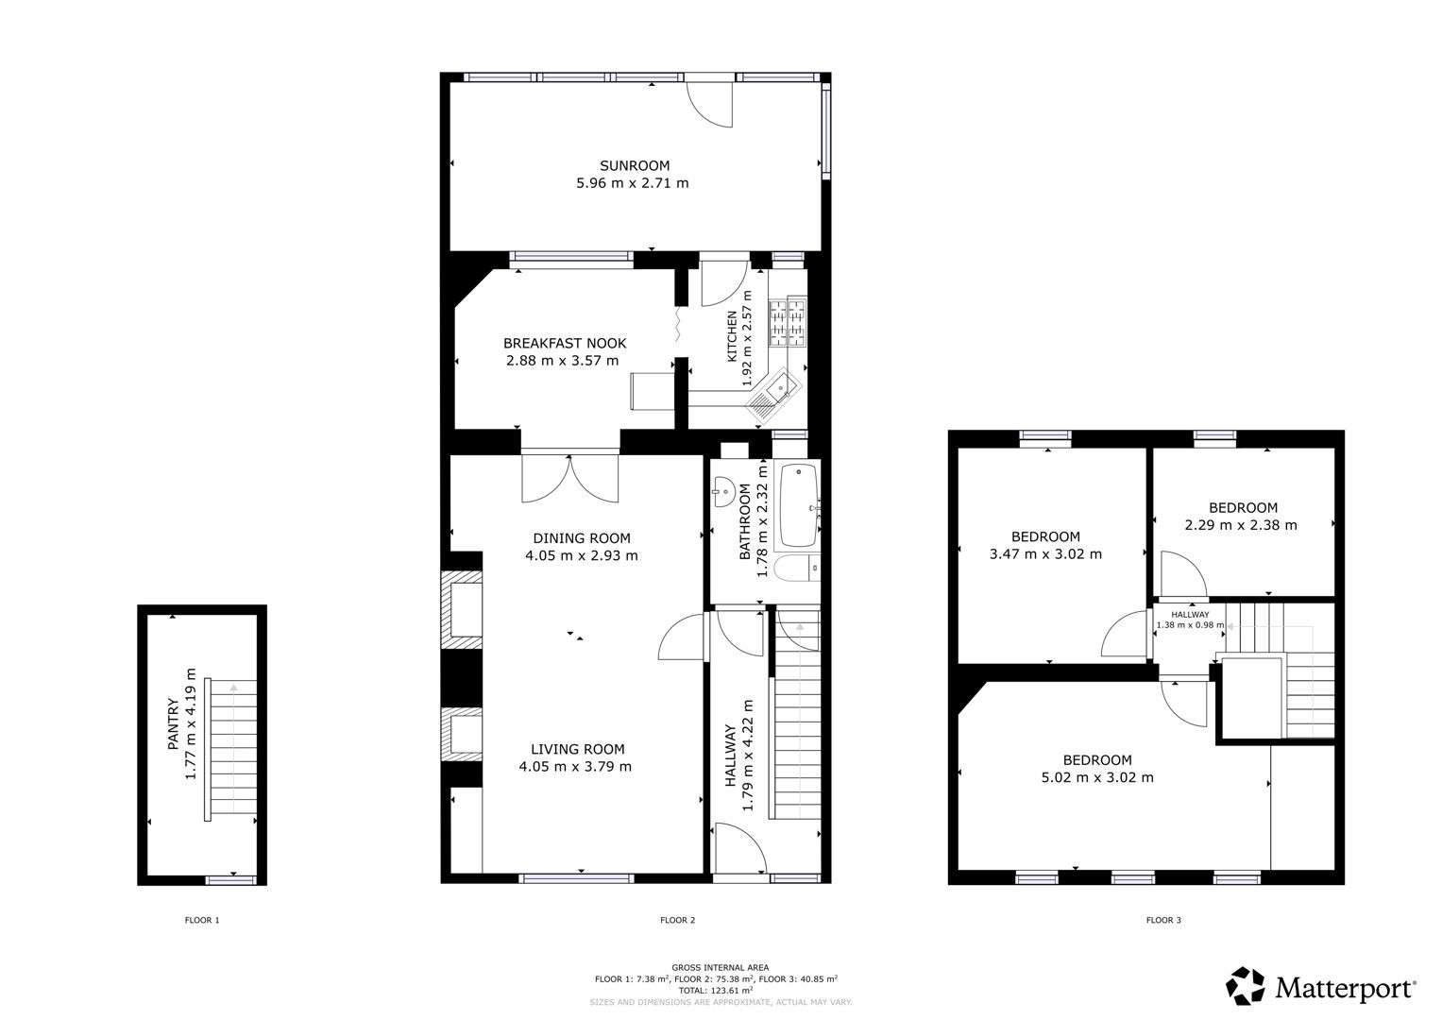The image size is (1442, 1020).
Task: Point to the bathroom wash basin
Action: pos(724,489)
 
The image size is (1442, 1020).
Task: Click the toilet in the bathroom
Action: pos(791,569)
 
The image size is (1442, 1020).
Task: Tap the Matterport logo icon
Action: pos(1246,986)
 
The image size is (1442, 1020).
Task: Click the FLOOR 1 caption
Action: pos(202,920)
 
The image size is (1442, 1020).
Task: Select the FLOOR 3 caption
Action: pos(1163,920)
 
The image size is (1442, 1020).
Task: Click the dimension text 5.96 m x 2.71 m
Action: pos(633,183)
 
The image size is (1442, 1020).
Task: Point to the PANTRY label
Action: pos(173,724)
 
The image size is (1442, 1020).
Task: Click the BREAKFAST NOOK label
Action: pos(564,343)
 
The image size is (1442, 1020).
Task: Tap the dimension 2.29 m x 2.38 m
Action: pos(1241,525)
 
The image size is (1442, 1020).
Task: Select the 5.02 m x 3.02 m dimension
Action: pos(1097,778)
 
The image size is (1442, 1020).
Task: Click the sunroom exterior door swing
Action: pos(708,103)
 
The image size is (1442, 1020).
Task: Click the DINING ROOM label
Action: pos(581,537)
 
